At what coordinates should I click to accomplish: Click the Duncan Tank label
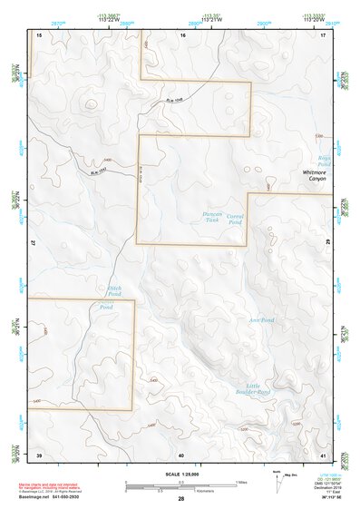[211, 217]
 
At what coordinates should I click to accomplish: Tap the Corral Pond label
[235, 219]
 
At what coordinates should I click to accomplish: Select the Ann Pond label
[261, 320]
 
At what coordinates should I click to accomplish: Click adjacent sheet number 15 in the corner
[39, 34]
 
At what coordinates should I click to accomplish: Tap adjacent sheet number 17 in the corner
[323, 34]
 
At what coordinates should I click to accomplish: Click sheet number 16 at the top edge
[182, 34]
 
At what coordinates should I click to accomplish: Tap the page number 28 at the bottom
[181, 498]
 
